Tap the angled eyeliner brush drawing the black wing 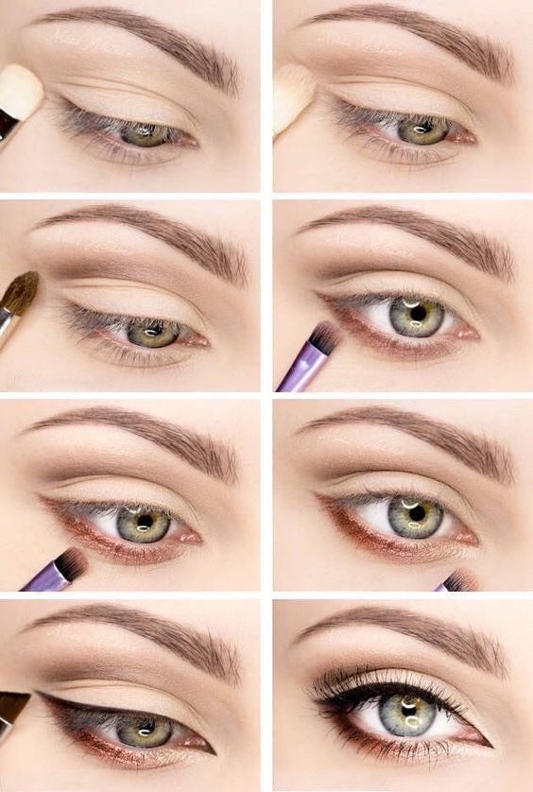[13, 708]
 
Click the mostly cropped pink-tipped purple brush [459, 581]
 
